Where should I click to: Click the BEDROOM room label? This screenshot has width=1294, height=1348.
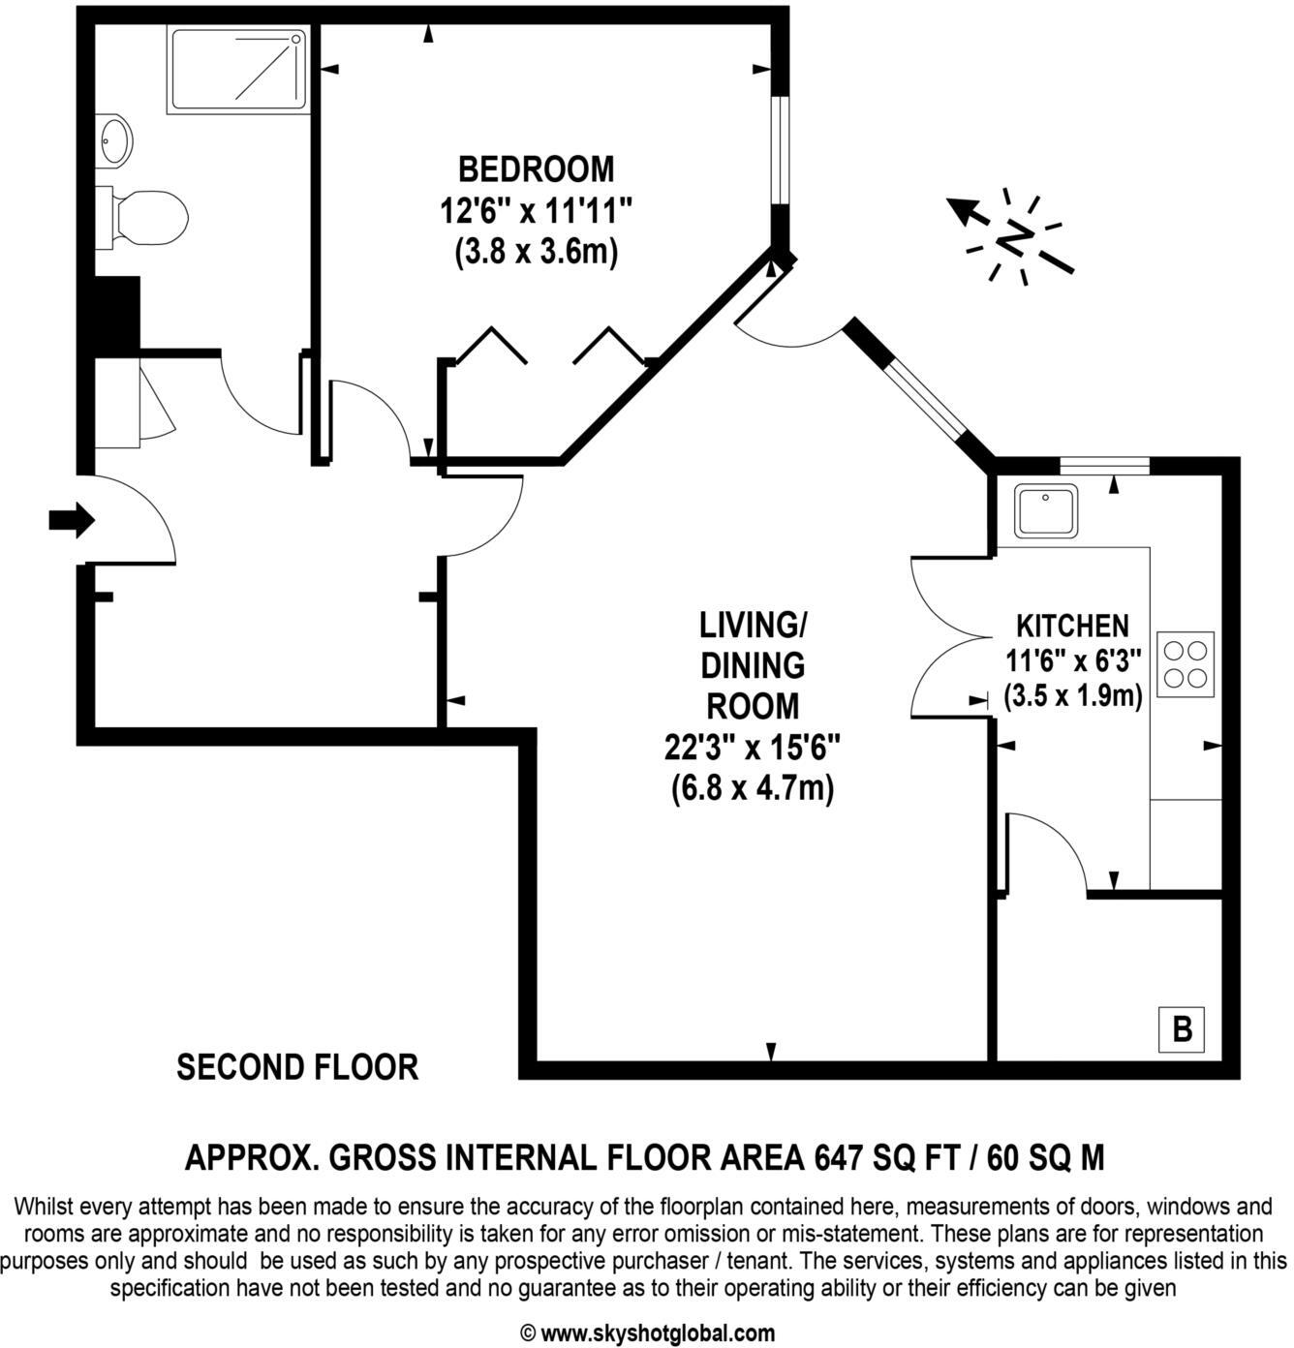coord(536,168)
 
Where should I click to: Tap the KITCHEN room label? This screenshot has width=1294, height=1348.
coord(1072,626)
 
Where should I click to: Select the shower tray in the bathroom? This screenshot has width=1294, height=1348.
coord(238,69)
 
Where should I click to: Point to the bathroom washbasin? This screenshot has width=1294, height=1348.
coord(114,140)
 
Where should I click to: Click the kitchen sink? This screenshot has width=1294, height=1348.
coord(1046,511)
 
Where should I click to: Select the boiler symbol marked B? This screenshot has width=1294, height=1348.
coord(1182,1028)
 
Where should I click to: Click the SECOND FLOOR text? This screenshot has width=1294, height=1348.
coord(297,1067)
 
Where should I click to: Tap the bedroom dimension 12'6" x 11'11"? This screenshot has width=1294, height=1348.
coord(536,210)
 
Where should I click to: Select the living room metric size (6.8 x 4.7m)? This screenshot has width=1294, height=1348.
coord(753,788)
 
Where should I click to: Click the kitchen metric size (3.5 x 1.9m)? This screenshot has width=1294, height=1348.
coord(1073,695)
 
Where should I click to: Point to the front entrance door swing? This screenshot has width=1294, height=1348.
coord(131,523)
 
